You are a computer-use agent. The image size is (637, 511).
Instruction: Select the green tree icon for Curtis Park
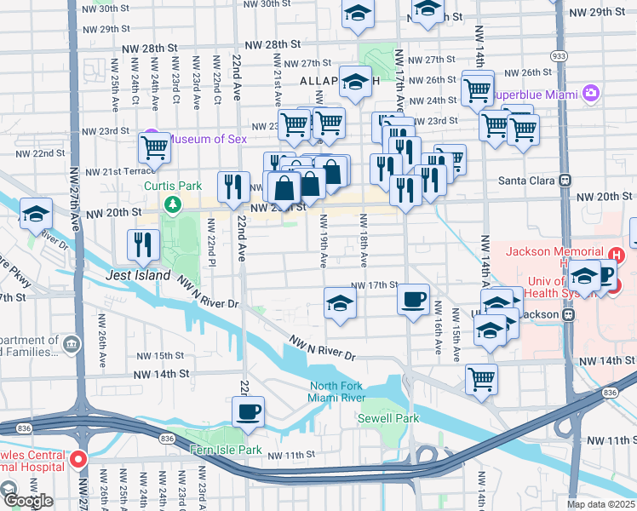coord(173,204)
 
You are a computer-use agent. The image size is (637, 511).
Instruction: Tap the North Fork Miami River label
coord(336,393)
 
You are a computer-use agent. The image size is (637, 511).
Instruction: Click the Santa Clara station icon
coord(564,181)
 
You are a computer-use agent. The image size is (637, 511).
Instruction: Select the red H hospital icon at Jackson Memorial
coord(618,252)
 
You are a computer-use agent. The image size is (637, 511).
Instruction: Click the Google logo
coord(28,500)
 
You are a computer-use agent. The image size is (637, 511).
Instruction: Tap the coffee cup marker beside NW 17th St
coord(414,299)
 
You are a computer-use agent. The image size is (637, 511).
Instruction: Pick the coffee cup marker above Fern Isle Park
coord(249,411)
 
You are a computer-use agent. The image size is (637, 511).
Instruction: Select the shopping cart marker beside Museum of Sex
coord(155,146)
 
